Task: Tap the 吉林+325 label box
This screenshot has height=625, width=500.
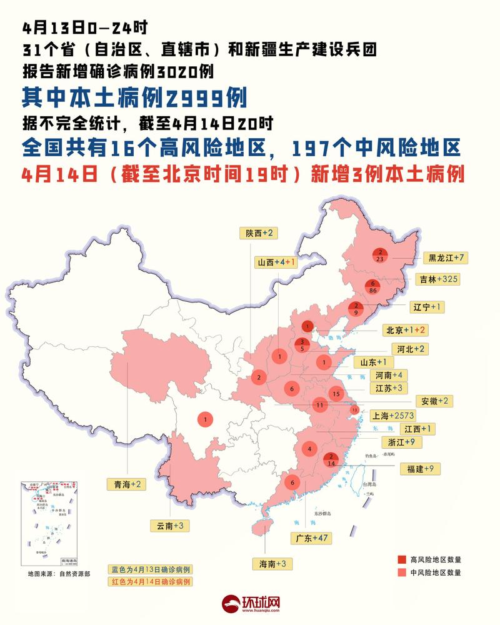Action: click(x=439, y=279)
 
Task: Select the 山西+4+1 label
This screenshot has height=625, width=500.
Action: click(x=276, y=263)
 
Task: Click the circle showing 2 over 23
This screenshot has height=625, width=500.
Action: click(x=380, y=254)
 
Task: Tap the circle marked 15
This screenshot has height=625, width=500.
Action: click(x=336, y=394)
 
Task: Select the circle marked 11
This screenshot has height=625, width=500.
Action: click(x=319, y=404)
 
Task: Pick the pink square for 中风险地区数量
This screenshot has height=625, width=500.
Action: click(x=402, y=572)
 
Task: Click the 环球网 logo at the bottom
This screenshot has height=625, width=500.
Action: click(x=251, y=604)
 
